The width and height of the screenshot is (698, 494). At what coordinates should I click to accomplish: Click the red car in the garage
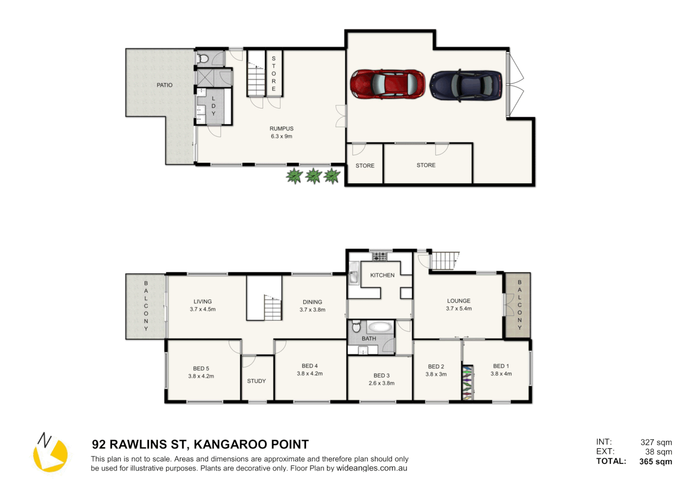point(387,84)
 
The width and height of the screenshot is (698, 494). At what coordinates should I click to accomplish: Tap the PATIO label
point(164,85)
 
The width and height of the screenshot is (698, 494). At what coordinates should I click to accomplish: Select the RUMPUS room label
point(281,129)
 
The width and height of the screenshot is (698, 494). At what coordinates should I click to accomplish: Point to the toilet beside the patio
point(203,59)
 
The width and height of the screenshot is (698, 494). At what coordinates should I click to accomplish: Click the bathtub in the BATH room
point(380,327)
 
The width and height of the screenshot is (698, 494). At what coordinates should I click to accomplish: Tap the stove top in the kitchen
point(379,257)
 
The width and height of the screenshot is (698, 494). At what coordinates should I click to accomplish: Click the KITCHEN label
point(382,275)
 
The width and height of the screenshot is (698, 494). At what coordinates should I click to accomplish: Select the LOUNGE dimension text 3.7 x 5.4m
point(459,309)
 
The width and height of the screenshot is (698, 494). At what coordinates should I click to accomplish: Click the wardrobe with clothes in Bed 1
point(467,382)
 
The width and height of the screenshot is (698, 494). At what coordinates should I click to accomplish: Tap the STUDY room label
point(256,381)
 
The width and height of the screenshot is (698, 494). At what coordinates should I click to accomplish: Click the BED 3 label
point(381,376)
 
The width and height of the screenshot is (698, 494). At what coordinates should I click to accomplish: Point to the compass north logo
point(50,452)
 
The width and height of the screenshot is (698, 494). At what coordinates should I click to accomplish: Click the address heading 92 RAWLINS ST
point(200,445)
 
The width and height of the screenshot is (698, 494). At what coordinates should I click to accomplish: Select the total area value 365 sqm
point(656,462)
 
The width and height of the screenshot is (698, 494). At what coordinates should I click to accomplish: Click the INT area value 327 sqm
point(656,442)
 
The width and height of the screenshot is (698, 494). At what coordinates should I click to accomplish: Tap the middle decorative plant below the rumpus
point(313,176)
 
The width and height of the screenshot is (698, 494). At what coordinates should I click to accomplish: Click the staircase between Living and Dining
point(272,308)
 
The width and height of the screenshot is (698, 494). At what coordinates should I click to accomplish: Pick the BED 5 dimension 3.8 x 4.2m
point(201,376)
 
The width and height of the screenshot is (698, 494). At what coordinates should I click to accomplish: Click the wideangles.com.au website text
point(371,468)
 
